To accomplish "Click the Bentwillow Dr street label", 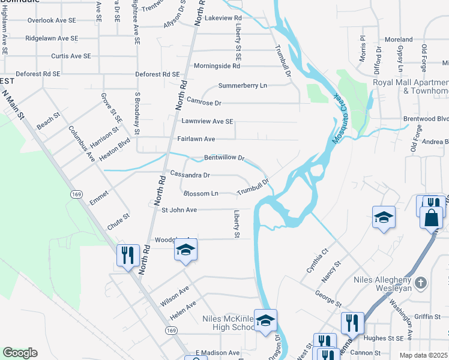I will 224,158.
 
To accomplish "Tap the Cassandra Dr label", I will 190,175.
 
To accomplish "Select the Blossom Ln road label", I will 200,194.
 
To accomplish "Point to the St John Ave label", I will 179,210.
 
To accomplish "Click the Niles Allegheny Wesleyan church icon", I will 421,283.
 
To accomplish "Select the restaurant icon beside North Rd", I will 127,256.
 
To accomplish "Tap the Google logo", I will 19,353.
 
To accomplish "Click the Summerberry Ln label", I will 243,86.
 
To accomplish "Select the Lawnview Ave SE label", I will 207,121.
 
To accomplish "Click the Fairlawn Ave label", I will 196,139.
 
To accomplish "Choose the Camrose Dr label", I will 204,103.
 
